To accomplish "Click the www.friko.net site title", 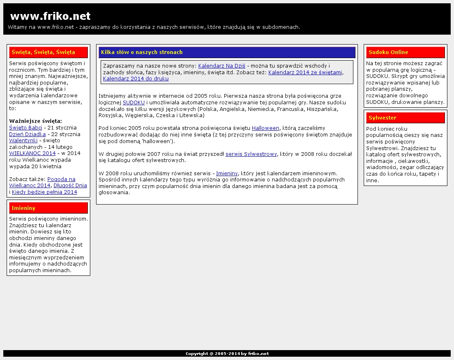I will pyautogui.click(x=50, y=16).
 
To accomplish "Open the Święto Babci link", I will pyautogui.click(x=26, y=128).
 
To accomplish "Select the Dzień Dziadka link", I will pyautogui.click(x=27, y=134).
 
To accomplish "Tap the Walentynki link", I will pyautogui.click(x=23, y=141).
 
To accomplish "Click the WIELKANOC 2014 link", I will pyautogui.click(x=32, y=153).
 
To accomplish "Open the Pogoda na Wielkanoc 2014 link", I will pyautogui.click(x=61, y=179).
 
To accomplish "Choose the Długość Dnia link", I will pyautogui.click(x=70, y=186).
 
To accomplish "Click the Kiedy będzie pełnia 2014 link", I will pyautogui.click(x=45, y=192).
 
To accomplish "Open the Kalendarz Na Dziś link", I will pyautogui.click(x=222, y=66).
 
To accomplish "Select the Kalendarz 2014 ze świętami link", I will pyautogui.click(x=305, y=73).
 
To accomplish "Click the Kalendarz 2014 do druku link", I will pyautogui.click(x=136, y=79).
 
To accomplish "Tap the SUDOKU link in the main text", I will pyautogui.click(x=134, y=103).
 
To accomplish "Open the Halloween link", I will pyautogui.click(x=266, y=128).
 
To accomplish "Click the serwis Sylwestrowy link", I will pyautogui.click(x=251, y=154).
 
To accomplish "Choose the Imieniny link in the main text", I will pyautogui.click(x=227, y=174).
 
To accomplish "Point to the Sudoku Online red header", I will pyautogui.click(x=405, y=52).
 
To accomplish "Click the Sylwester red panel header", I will pyautogui.click(x=405, y=118).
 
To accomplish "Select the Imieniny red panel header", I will pyautogui.click(x=48, y=208).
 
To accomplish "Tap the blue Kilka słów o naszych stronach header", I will pyautogui.click(x=227, y=52).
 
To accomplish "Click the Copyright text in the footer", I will pyautogui.click(x=227, y=354).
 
